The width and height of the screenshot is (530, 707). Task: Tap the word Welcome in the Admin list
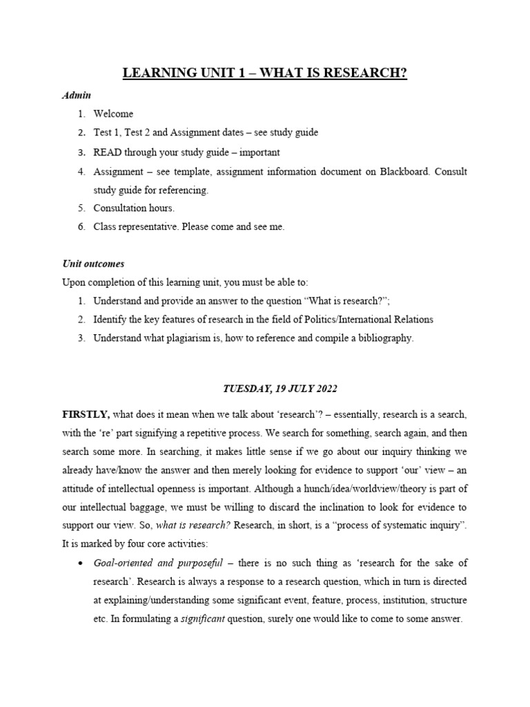tap(113, 114)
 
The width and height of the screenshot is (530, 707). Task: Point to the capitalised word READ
tap(108, 152)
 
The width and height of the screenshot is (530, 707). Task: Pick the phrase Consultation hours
tap(134, 208)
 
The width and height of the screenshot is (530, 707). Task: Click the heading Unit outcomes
tap(93, 264)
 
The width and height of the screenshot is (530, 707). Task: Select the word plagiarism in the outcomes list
tap(197, 338)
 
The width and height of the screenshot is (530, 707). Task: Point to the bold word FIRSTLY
tap(86, 414)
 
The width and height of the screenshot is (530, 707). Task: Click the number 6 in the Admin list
tap(81, 226)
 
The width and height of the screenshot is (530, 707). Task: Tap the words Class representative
tap(136, 226)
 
